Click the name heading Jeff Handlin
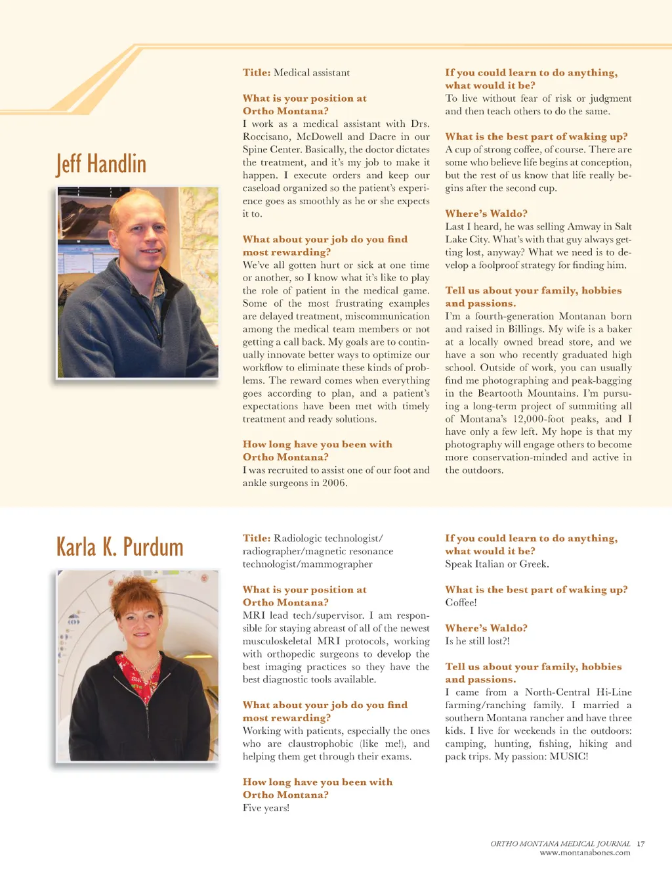(x=101, y=164)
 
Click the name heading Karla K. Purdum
(x=119, y=547)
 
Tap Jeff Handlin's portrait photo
(x=138, y=282)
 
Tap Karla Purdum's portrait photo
(x=138, y=665)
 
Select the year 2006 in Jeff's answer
(x=333, y=483)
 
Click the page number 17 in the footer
(x=640, y=843)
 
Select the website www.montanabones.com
(x=585, y=853)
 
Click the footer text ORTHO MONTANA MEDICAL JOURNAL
(x=560, y=843)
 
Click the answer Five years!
(x=266, y=808)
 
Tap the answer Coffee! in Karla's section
(x=461, y=602)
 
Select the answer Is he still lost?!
(x=477, y=641)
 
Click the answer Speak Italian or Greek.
(x=497, y=564)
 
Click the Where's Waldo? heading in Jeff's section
(x=486, y=213)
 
